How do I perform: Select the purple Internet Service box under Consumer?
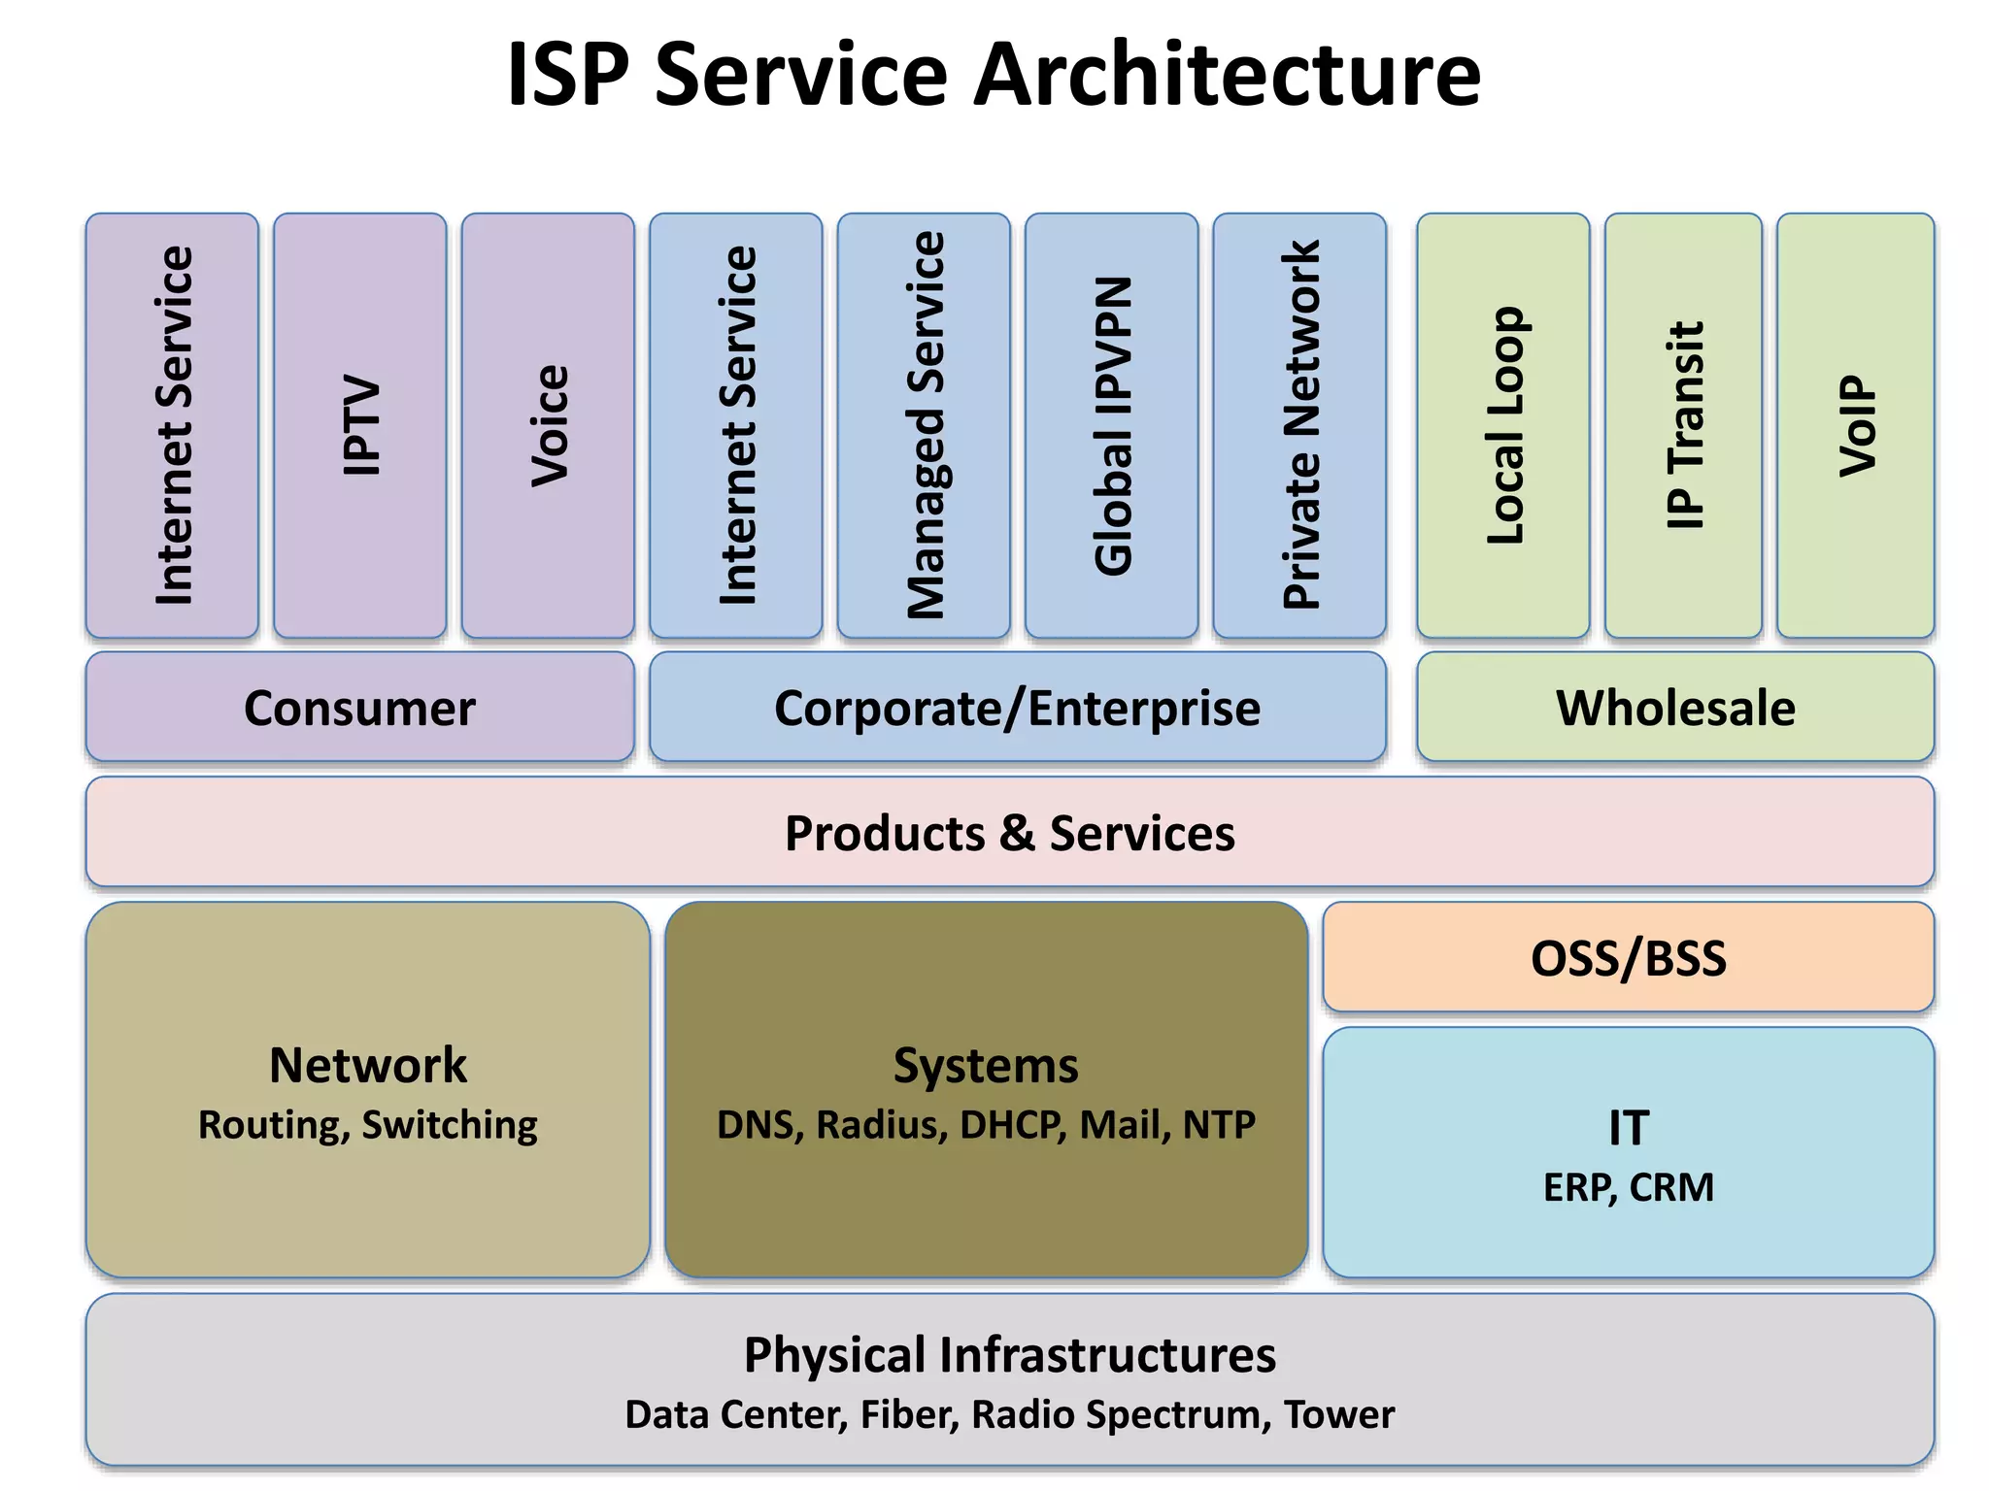click(173, 425)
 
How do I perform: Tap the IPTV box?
click(360, 425)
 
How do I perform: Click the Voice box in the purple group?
click(549, 425)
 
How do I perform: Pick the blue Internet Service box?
click(736, 425)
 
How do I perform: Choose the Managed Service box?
click(924, 425)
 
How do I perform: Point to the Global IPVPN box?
click(1112, 425)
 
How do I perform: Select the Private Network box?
click(1299, 425)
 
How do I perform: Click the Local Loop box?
click(1503, 425)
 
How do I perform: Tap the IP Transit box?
click(1683, 425)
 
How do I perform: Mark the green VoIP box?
click(1856, 425)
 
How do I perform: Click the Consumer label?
click(359, 708)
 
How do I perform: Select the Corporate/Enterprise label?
click(1017, 708)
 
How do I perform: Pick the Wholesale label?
click(1675, 708)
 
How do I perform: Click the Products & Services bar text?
click(1009, 833)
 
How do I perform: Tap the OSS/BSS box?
click(1629, 958)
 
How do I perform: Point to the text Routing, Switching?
click(367, 1125)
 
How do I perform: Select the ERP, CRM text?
click(1629, 1187)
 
